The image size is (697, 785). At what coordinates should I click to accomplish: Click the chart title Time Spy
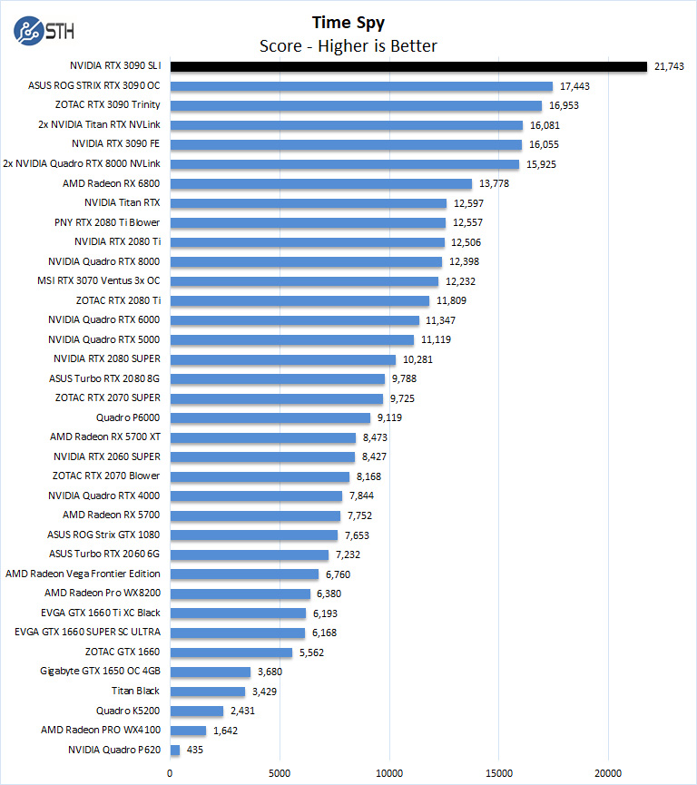click(348, 23)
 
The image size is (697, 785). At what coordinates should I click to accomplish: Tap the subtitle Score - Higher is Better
click(348, 46)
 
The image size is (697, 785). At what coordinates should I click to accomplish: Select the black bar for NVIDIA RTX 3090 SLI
click(408, 66)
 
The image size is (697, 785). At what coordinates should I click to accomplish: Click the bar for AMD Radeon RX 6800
click(321, 183)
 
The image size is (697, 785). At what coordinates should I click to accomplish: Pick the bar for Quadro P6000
click(270, 417)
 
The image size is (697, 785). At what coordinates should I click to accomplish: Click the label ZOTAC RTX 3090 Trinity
click(108, 105)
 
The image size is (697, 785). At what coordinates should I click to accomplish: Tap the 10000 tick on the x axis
click(389, 772)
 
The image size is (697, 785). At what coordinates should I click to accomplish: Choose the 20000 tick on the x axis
click(608, 772)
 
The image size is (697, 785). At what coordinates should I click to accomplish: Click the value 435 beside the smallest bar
click(195, 750)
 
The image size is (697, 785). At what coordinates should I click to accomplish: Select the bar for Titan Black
click(208, 691)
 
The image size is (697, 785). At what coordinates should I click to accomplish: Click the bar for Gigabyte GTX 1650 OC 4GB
click(211, 672)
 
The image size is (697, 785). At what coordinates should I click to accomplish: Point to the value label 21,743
click(671, 66)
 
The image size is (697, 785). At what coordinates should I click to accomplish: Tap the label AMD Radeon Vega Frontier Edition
click(83, 574)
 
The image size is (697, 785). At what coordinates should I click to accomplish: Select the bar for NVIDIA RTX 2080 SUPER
click(283, 359)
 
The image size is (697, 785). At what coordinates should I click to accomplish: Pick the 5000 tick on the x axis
click(280, 772)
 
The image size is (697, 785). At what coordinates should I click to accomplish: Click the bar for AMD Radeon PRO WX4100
click(189, 730)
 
